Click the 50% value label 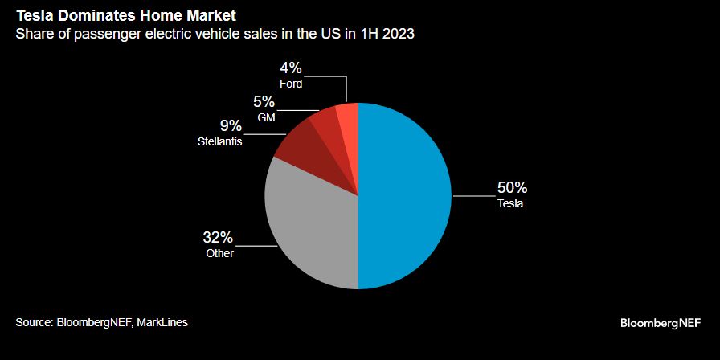tap(512, 188)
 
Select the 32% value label tap(217, 237)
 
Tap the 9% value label tap(231, 125)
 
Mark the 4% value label tap(290, 67)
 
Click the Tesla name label tap(510, 204)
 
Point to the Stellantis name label tap(219, 141)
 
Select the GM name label tap(266, 117)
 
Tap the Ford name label tap(291, 84)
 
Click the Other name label tap(219, 253)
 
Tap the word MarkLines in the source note tap(162, 322)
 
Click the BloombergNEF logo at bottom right tap(660, 323)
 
